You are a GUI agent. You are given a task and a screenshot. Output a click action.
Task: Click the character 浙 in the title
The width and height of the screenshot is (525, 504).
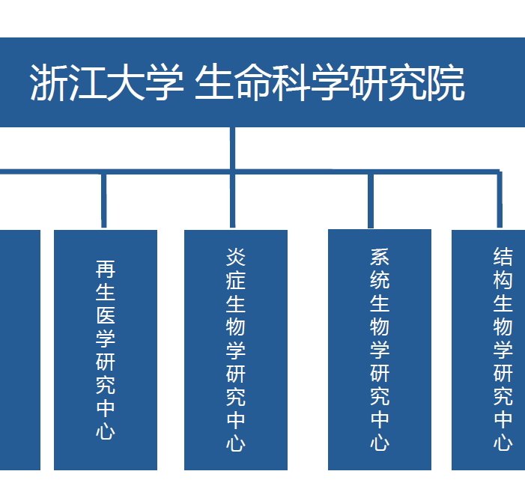(x=49, y=82)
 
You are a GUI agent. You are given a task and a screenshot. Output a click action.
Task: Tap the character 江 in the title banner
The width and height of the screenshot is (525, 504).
(x=88, y=82)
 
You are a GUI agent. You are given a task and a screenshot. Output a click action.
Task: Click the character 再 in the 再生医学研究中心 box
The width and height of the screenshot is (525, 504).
(x=106, y=269)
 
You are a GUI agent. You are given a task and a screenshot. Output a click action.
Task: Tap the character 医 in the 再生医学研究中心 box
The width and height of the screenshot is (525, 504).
(x=106, y=315)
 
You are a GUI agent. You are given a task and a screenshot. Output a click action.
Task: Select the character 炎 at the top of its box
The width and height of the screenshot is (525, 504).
(x=236, y=257)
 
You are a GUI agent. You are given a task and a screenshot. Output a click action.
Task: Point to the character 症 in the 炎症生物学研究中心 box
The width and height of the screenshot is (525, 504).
(x=236, y=280)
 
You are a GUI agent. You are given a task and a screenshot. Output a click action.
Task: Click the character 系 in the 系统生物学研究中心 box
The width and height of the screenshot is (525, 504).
(x=380, y=257)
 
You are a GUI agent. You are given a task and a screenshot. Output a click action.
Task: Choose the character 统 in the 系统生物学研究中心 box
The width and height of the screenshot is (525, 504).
(x=380, y=280)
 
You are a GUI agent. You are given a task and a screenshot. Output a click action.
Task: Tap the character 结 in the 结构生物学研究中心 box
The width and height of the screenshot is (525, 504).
(x=503, y=257)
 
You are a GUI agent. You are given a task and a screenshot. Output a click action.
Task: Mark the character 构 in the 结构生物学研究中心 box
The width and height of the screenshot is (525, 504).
(x=503, y=280)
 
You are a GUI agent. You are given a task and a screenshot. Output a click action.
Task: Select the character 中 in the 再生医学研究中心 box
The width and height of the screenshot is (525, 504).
(x=106, y=407)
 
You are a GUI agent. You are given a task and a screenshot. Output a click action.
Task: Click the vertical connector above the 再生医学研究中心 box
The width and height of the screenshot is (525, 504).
(x=104, y=201)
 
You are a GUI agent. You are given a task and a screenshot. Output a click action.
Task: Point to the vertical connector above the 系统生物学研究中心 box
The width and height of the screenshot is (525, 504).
(x=371, y=201)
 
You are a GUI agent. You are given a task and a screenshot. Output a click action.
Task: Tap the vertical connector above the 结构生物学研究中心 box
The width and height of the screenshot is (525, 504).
(x=500, y=200)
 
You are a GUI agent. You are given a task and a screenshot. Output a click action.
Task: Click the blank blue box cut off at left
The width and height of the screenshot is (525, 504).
(x=20, y=350)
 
